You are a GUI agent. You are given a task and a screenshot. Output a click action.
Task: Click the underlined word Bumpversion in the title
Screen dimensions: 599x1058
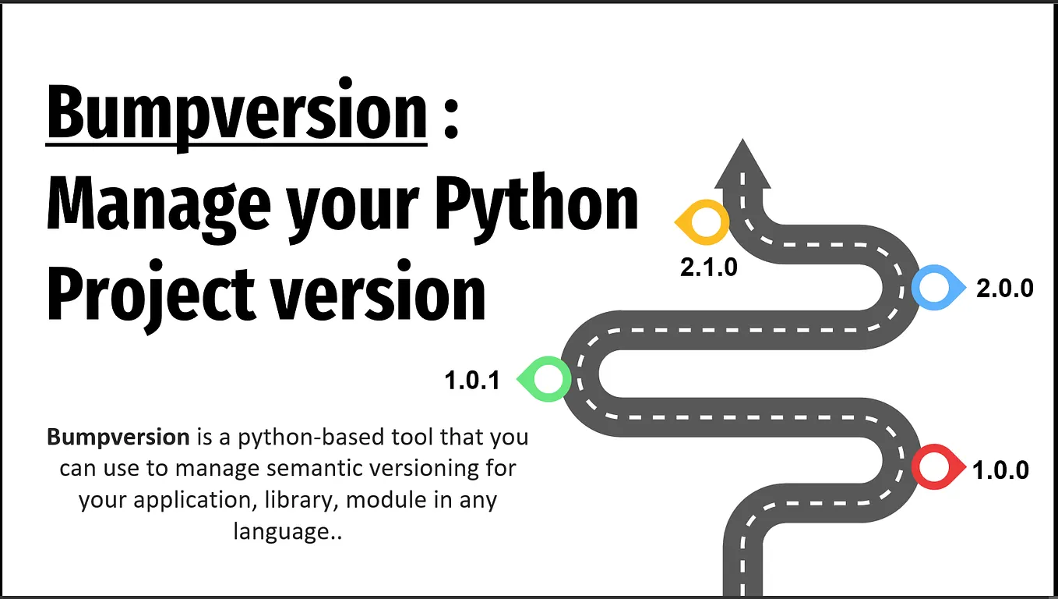237,114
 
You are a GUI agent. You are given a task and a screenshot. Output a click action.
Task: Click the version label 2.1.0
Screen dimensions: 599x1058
708,268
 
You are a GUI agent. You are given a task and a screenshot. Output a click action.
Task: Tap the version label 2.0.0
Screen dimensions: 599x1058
1005,288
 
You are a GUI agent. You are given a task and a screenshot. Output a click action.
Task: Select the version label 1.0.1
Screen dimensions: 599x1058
472,381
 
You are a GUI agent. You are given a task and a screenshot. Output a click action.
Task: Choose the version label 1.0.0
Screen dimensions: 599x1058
1000,470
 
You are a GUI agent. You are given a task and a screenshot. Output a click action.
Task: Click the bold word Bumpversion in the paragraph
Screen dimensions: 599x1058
118,436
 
